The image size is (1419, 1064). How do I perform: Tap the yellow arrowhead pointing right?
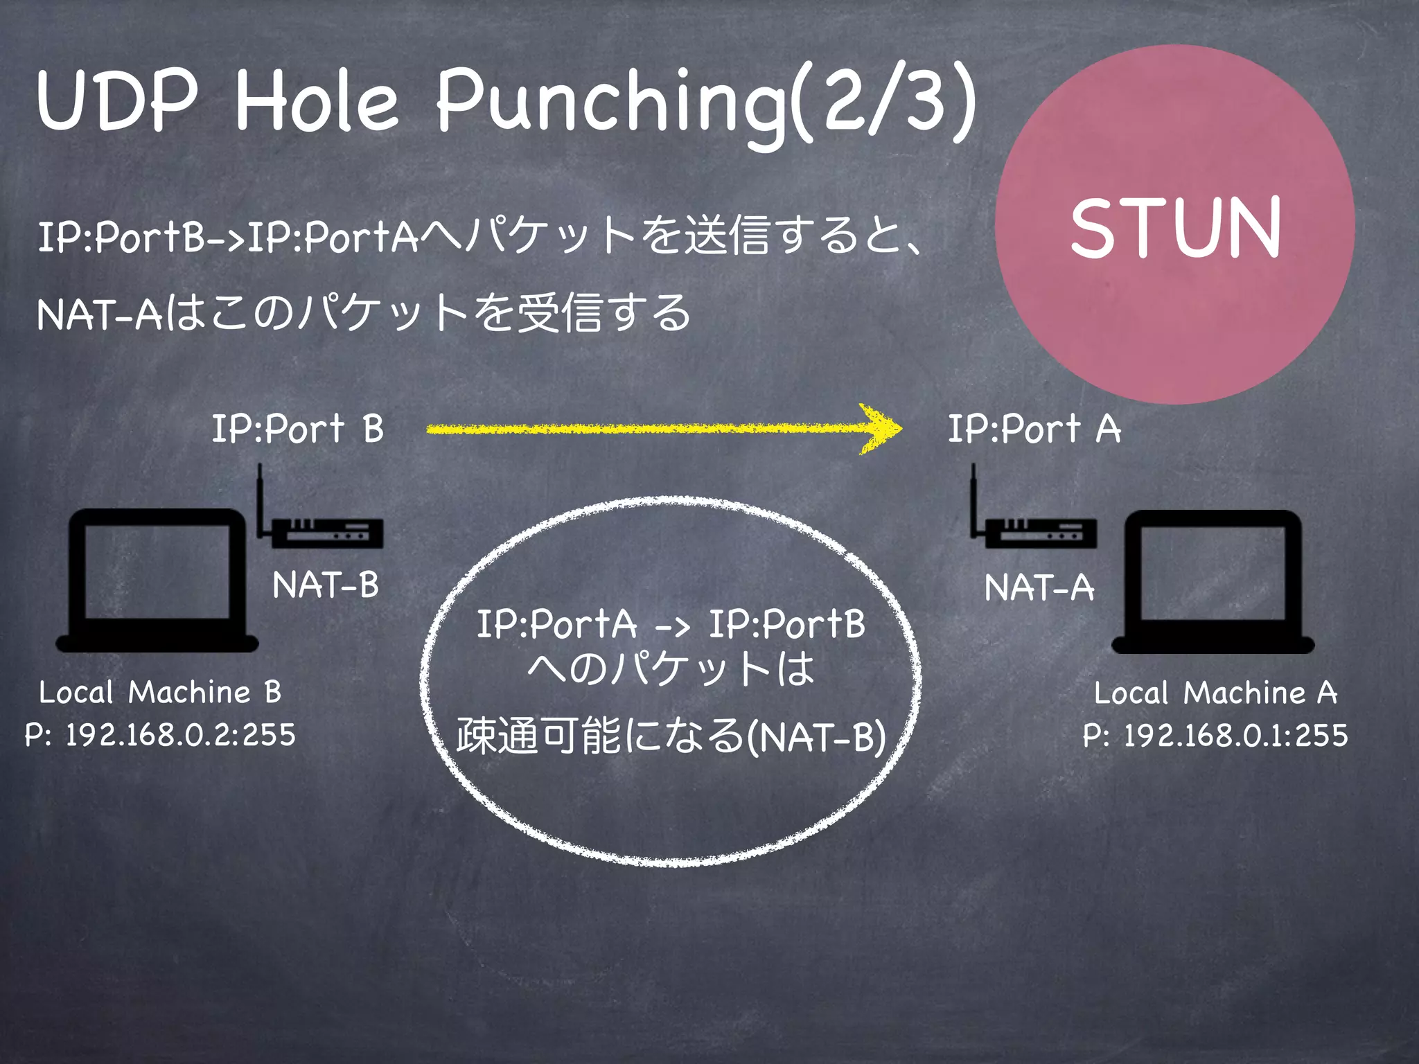click(881, 429)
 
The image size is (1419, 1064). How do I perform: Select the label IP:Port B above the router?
click(297, 429)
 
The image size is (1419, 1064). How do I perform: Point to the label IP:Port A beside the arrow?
click(1034, 429)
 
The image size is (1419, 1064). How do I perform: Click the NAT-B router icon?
click(326, 533)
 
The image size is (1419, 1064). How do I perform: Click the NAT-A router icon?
click(1039, 533)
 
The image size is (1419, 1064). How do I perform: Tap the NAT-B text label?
click(326, 585)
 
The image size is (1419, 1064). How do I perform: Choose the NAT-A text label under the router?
click(1039, 588)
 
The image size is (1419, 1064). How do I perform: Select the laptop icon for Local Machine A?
click(1213, 582)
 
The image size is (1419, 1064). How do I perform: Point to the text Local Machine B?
click(160, 692)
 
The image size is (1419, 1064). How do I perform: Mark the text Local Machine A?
click(1215, 693)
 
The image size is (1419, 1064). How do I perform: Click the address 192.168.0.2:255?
click(180, 735)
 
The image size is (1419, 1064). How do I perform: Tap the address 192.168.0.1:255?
click(1235, 736)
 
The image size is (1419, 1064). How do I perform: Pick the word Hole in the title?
click(317, 103)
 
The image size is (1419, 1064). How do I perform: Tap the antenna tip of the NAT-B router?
click(260, 467)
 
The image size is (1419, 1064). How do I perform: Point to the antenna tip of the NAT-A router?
click(973, 467)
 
